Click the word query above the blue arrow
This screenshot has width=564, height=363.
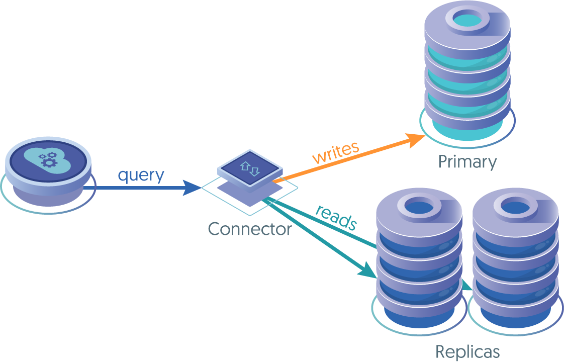[141, 175]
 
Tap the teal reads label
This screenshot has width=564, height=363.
[336, 217]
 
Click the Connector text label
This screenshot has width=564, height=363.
[250, 229]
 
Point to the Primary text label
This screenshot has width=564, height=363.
[467, 162]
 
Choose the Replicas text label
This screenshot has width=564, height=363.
[467, 351]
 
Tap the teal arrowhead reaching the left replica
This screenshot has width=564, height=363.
[367, 270]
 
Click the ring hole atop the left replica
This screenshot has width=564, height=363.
[418, 205]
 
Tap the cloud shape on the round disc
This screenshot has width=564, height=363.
[47, 157]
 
